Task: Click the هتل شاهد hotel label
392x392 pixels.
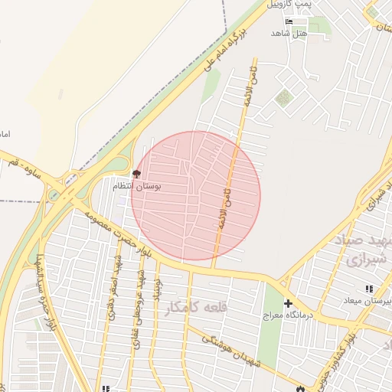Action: click(x=289, y=34)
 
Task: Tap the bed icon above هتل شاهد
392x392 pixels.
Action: click(x=289, y=21)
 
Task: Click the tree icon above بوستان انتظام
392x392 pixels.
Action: click(x=136, y=175)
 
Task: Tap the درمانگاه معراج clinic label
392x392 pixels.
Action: click(x=286, y=315)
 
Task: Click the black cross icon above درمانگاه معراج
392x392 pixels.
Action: click(x=288, y=303)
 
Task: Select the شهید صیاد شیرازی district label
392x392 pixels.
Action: click(x=361, y=250)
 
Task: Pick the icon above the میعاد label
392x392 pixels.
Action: click(x=368, y=289)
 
